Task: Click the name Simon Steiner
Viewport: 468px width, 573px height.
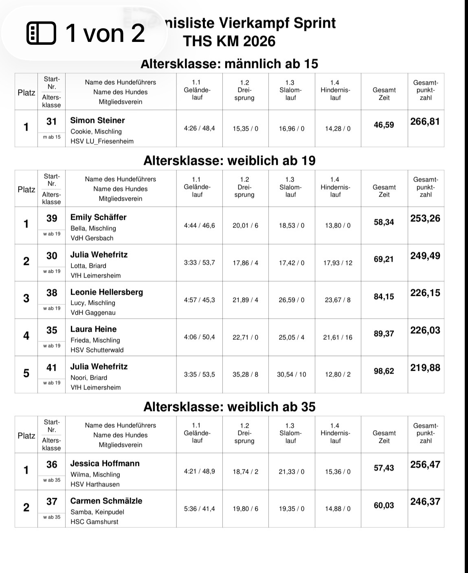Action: [x=97, y=120]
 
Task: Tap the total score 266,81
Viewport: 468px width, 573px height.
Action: [x=425, y=122]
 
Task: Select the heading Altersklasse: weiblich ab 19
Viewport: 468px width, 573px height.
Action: [x=229, y=161]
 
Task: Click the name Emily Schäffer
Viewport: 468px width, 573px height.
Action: [x=98, y=217]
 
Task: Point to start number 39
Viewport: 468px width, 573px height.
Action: [x=52, y=219]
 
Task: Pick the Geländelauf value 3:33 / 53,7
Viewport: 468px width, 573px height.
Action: [x=199, y=263]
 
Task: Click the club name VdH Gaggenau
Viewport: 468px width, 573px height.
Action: [x=93, y=313]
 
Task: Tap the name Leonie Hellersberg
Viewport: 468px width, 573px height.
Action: [x=106, y=292]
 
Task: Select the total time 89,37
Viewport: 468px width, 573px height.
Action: [x=384, y=334]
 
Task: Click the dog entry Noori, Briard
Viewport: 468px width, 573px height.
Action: [x=89, y=378]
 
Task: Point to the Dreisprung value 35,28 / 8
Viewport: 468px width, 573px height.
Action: [x=245, y=374]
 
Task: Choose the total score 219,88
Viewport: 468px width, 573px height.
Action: [x=425, y=368]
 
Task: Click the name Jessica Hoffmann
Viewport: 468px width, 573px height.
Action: [x=105, y=464]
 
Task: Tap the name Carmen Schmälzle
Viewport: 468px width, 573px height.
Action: [x=106, y=501]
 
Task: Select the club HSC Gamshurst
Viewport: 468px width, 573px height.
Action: [x=94, y=522]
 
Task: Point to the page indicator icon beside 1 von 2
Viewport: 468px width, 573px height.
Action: [x=41, y=33]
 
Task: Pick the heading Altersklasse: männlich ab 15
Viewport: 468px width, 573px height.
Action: [x=229, y=64]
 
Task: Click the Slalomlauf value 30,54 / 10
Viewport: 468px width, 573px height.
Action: [x=291, y=374]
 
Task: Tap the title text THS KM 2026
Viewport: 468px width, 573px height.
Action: [x=229, y=41]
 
